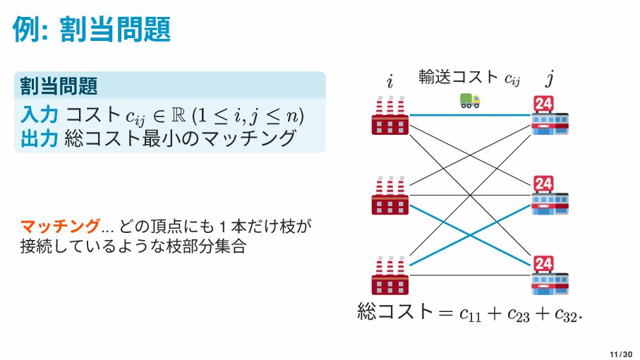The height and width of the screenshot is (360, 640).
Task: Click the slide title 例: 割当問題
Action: (92, 30)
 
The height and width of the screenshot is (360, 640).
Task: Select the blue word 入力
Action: (39, 114)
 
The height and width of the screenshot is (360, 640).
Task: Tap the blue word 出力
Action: (39, 138)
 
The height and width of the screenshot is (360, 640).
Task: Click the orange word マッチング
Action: (60, 226)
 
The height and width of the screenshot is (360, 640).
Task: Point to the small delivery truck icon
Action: (470, 100)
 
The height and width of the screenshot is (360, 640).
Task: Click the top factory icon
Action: (390, 115)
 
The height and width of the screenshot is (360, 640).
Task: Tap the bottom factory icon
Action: (390, 275)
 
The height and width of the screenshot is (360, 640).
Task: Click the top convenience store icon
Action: (550, 115)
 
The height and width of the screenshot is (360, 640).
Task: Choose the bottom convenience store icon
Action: (550, 275)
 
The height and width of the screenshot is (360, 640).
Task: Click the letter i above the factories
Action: (390, 80)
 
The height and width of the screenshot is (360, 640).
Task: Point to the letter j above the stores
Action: (550, 78)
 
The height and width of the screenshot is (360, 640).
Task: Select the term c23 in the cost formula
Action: (519, 313)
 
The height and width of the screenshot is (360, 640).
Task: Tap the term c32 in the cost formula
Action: (567, 313)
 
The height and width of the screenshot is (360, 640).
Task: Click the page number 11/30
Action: (621, 354)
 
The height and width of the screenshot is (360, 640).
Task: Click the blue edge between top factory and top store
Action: (470, 115)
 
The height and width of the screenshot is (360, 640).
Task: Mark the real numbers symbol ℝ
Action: (179, 116)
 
